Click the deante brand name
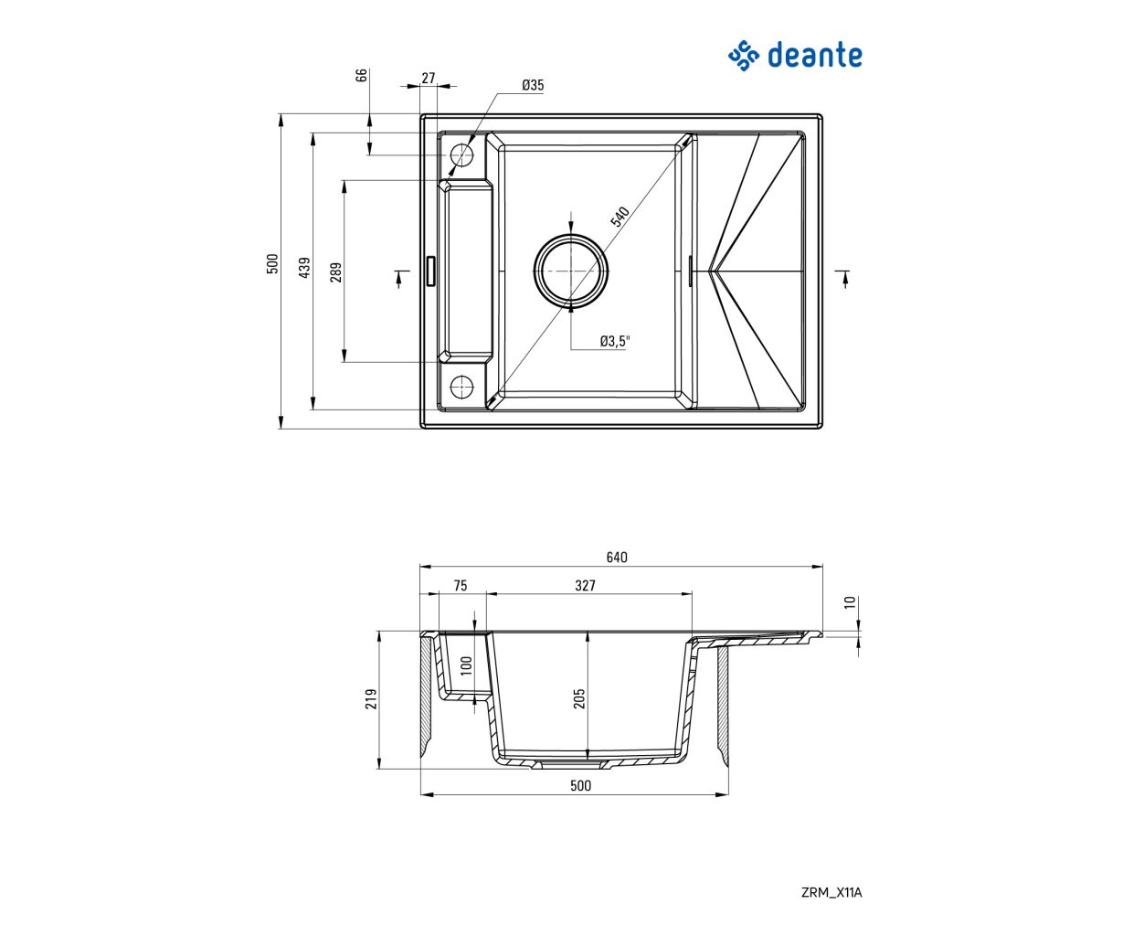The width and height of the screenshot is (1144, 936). click(814, 56)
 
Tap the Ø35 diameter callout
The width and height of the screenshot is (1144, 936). click(533, 85)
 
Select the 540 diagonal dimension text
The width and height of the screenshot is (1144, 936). click(620, 217)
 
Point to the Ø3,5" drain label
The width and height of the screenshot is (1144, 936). click(615, 341)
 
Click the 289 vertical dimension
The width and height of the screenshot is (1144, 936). click(336, 271)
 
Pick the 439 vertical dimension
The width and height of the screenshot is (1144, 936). click(305, 268)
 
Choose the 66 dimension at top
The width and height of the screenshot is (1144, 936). click(361, 75)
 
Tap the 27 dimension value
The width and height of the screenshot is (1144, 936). click(429, 78)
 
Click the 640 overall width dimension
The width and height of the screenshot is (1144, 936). click(617, 558)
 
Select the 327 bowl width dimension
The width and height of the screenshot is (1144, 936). click(586, 586)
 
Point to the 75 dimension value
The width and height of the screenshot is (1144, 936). click(460, 586)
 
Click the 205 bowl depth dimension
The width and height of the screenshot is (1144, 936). click(579, 698)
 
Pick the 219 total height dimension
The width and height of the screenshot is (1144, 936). click(371, 699)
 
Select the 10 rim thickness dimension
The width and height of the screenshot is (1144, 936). click(850, 602)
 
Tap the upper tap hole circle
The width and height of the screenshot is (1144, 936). click(450, 155)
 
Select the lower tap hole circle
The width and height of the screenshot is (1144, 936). click(450, 387)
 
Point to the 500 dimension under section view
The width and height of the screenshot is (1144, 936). click(580, 786)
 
